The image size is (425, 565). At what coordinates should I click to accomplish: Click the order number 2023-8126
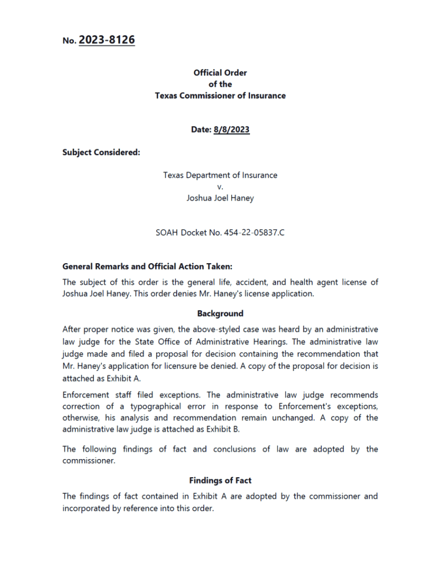pyautogui.click(x=107, y=40)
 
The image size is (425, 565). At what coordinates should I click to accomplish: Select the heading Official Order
pyautogui.click(x=220, y=72)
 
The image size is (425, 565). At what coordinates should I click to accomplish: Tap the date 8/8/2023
pyautogui.click(x=231, y=130)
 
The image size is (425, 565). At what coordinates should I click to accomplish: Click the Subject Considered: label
pyautogui.click(x=101, y=152)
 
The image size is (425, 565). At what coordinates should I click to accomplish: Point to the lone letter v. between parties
pyautogui.click(x=220, y=186)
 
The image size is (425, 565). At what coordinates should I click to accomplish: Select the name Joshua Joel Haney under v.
pyautogui.click(x=220, y=198)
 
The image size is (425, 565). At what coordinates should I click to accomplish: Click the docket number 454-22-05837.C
pyautogui.click(x=254, y=233)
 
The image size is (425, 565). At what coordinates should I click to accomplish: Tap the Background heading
pyautogui.click(x=220, y=313)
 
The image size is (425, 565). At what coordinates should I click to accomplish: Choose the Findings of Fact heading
pyautogui.click(x=220, y=480)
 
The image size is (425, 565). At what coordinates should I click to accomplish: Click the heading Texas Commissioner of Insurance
pyautogui.click(x=220, y=95)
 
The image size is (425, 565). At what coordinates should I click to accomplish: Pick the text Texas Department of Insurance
pyautogui.click(x=220, y=175)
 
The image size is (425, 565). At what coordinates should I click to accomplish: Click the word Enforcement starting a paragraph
pyautogui.click(x=86, y=395)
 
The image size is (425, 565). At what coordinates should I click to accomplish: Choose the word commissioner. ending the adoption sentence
pyautogui.click(x=89, y=460)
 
